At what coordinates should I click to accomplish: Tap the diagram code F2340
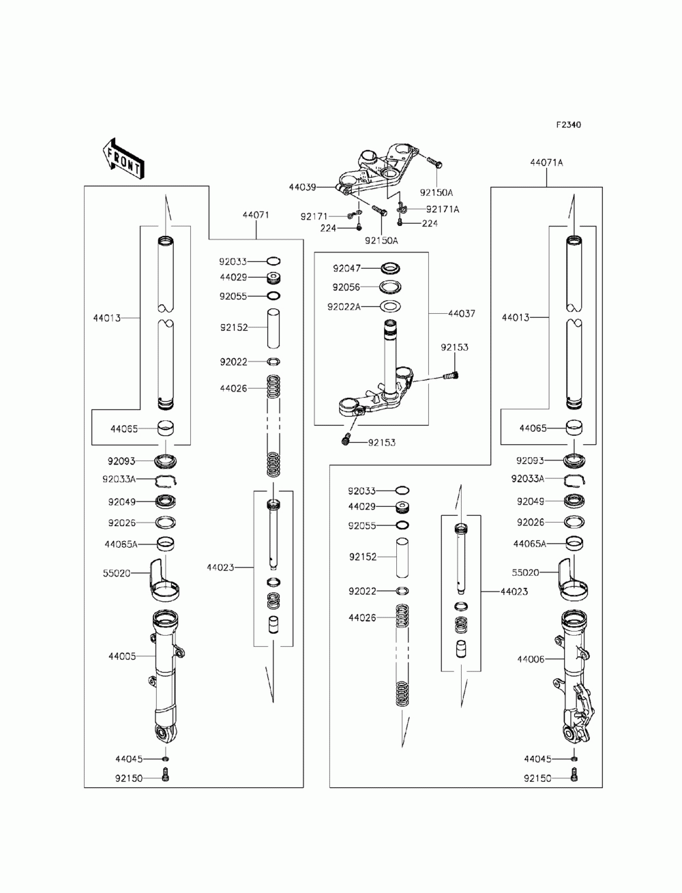pos(568,125)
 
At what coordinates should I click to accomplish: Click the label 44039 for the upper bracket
pos(302,186)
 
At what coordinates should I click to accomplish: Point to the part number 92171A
pos(443,209)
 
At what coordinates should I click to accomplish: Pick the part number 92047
pos(346,268)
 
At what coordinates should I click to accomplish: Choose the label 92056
pos(346,287)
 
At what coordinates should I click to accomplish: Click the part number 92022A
pos(344,306)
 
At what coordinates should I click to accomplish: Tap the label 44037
pos(461,314)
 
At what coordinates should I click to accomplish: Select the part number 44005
pos(122,656)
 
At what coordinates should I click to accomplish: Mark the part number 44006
pos(531,659)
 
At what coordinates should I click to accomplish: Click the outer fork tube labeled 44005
pos(165,675)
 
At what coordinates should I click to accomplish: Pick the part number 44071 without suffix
pos(256,215)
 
